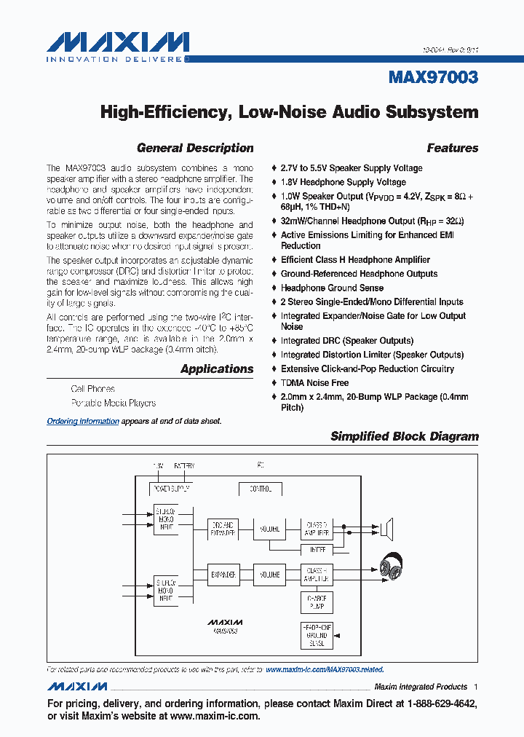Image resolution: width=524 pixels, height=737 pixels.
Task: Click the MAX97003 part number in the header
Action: coord(434,77)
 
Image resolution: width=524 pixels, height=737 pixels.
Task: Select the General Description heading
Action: coord(195,148)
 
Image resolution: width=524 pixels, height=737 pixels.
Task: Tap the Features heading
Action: coord(452,148)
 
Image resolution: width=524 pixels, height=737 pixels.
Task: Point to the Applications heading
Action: coord(217,368)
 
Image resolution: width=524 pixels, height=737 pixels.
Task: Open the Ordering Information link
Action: coord(83,421)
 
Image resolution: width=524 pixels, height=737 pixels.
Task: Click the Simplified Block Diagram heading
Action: coord(405,436)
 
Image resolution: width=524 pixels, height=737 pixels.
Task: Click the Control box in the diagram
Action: coord(260,489)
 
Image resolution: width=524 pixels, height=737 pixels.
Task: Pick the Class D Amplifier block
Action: coord(317,529)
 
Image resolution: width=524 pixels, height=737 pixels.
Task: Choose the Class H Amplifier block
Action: coord(317,575)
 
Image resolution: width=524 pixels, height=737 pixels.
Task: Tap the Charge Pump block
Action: coord(317,603)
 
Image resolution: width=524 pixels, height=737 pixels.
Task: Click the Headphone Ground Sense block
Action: coord(317,635)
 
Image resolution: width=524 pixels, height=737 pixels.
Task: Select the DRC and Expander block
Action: coord(223,529)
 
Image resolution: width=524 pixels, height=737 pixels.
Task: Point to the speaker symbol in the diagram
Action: coord(387,528)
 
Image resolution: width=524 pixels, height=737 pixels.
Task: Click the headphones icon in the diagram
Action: coord(392,569)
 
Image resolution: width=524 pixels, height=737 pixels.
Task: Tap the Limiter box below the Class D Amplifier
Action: coord(317,548)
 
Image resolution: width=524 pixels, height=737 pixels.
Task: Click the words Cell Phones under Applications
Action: coord(92,389)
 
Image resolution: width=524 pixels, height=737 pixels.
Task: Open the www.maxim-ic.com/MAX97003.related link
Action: coord(325,669)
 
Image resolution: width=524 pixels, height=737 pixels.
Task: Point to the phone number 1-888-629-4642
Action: coord(437,704)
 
